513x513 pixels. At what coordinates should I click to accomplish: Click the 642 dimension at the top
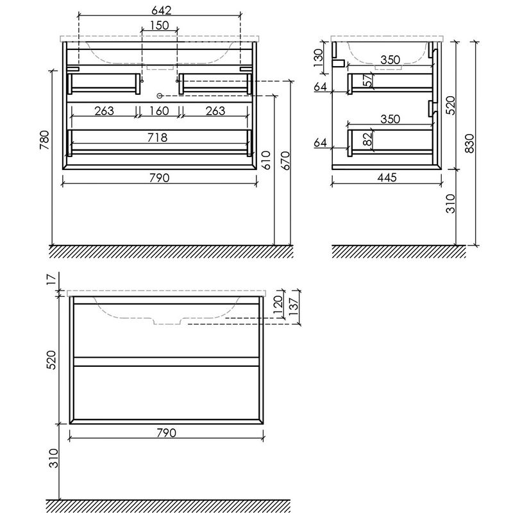point(162,10)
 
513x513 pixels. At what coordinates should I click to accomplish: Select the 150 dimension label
point(159,25)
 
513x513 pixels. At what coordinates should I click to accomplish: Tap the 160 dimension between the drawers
point(159,111)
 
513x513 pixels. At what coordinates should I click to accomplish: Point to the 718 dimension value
point(157,137)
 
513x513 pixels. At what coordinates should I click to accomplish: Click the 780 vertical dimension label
point(44,140)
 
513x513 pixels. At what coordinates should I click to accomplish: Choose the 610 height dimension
point(266,160)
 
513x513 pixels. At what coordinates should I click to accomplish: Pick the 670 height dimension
point(285,160)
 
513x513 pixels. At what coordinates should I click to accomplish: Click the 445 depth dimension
point(387,178)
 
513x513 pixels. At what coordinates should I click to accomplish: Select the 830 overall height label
point(469,143)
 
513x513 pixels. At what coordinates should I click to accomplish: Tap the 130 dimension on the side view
point(318,58)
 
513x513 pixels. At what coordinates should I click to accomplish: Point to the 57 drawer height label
point(369,80)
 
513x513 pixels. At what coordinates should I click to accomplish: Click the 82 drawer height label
point(368,139)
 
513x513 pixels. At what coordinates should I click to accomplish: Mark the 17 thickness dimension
point(52,278)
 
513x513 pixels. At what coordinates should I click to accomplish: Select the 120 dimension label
point(278,305)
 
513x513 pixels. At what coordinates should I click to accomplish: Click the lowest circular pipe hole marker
point(160,96)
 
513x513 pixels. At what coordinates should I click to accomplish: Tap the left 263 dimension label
point(104,111)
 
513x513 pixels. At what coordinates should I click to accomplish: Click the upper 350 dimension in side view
point(390,60)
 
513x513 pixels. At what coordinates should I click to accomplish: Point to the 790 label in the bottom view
point(167,433)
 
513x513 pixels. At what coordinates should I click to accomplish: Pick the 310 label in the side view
point(451,203)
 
